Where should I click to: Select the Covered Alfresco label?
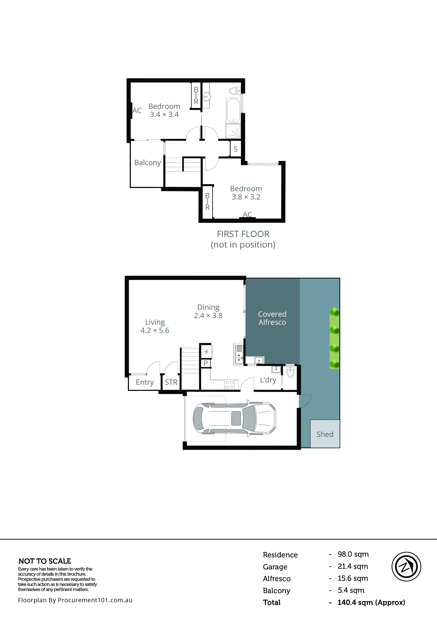pyautogui.click(x=272, y=318)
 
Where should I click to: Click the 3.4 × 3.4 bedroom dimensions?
pyautogui.click(x=164, y=115)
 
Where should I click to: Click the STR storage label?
pyautogui.click(x=171, y=382)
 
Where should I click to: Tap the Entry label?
pyautogui.click(x=145, y=382)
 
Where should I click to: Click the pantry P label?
pyautogui.click(x=206, y=363)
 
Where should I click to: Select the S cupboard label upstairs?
pyautogui.click(x=235, y=149)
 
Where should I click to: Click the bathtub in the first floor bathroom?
pyautogui.click(x=233, y=111)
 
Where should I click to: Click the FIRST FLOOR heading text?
pyautogui.click(x=243, y=234)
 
